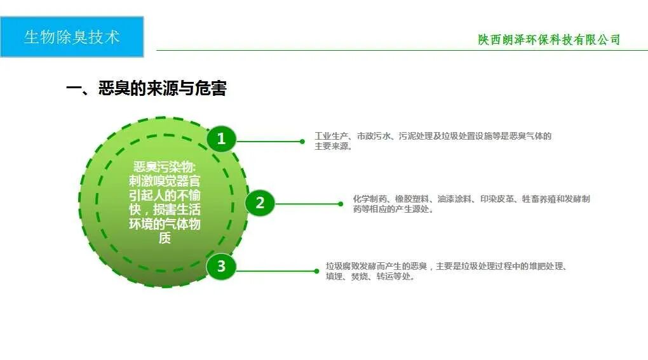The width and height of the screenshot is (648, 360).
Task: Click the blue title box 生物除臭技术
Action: point(72,37)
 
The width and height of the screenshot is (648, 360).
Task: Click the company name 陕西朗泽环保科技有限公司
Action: point(549,39)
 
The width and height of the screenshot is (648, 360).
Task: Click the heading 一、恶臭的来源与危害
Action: point(146,89)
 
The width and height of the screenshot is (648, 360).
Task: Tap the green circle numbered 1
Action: point(221,139)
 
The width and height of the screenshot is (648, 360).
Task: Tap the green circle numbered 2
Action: point(259,203)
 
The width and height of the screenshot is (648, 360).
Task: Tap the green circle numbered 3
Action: point(221,266)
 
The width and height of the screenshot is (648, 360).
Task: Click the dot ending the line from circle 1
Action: point(302,142)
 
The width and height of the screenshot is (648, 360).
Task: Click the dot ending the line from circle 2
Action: point(341,204)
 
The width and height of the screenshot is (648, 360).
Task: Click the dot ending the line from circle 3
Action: point(316,271)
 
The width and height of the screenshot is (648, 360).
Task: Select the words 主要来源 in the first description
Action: point(330,146)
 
